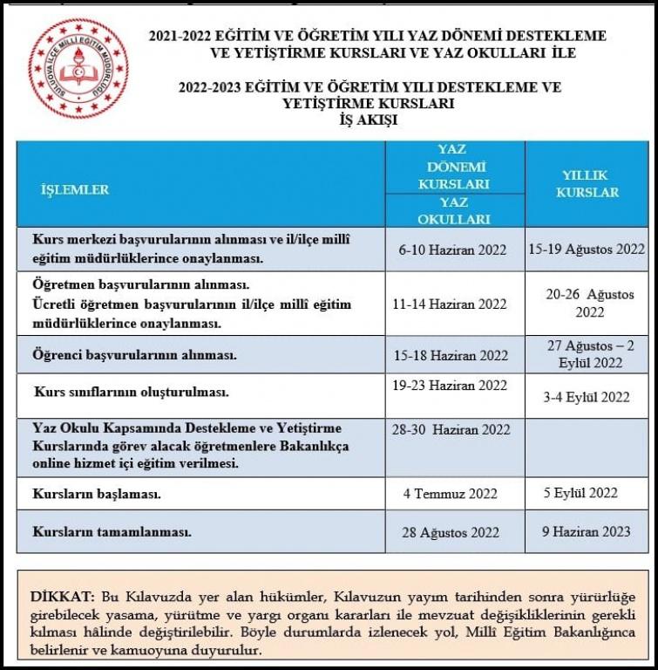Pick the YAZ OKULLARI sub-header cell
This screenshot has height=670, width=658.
click(453, 210)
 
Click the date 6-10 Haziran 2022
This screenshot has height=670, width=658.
click(452, 250)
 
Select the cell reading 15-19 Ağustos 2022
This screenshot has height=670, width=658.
click(587, 249)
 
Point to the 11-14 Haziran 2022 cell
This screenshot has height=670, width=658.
click(450, 304)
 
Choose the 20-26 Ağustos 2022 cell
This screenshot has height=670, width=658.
click(590, 303)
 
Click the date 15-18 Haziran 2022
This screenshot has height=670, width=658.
click(451, 355)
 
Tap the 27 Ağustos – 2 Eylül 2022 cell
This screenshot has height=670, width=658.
click(590, 353)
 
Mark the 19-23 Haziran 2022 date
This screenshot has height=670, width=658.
click(450, 386)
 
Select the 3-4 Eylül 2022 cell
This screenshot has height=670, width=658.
click(586, 397)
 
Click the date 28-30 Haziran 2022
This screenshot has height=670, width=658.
click(451, 430)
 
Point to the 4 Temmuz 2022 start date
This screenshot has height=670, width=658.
click(451, 494)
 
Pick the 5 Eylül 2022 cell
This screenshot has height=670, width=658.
click(580, 493)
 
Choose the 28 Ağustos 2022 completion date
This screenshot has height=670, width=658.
click(451, 532)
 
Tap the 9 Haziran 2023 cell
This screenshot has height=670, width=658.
click(586, 530)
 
